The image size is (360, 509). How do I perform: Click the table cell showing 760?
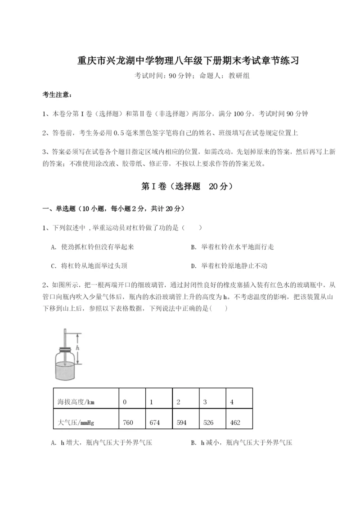click(x=128, y=423)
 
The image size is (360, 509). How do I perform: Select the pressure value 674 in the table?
click(x=155, y=423)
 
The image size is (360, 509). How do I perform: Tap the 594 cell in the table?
click(x=182, y=423)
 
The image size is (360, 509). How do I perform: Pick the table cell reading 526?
click(x=208, y=423)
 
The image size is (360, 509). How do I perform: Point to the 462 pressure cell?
click(x=235, y=423)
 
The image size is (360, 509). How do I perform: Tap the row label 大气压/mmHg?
click(x=76, y=423)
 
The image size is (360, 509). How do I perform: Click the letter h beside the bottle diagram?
click(x=77, y=348)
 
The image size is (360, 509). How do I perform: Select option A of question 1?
click(x=93, y=247)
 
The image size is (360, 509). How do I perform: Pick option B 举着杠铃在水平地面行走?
click(x=232, y=247)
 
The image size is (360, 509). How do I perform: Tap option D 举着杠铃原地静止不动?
click(x=232, y=266)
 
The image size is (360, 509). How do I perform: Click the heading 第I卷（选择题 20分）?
click(x=180, y=186)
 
